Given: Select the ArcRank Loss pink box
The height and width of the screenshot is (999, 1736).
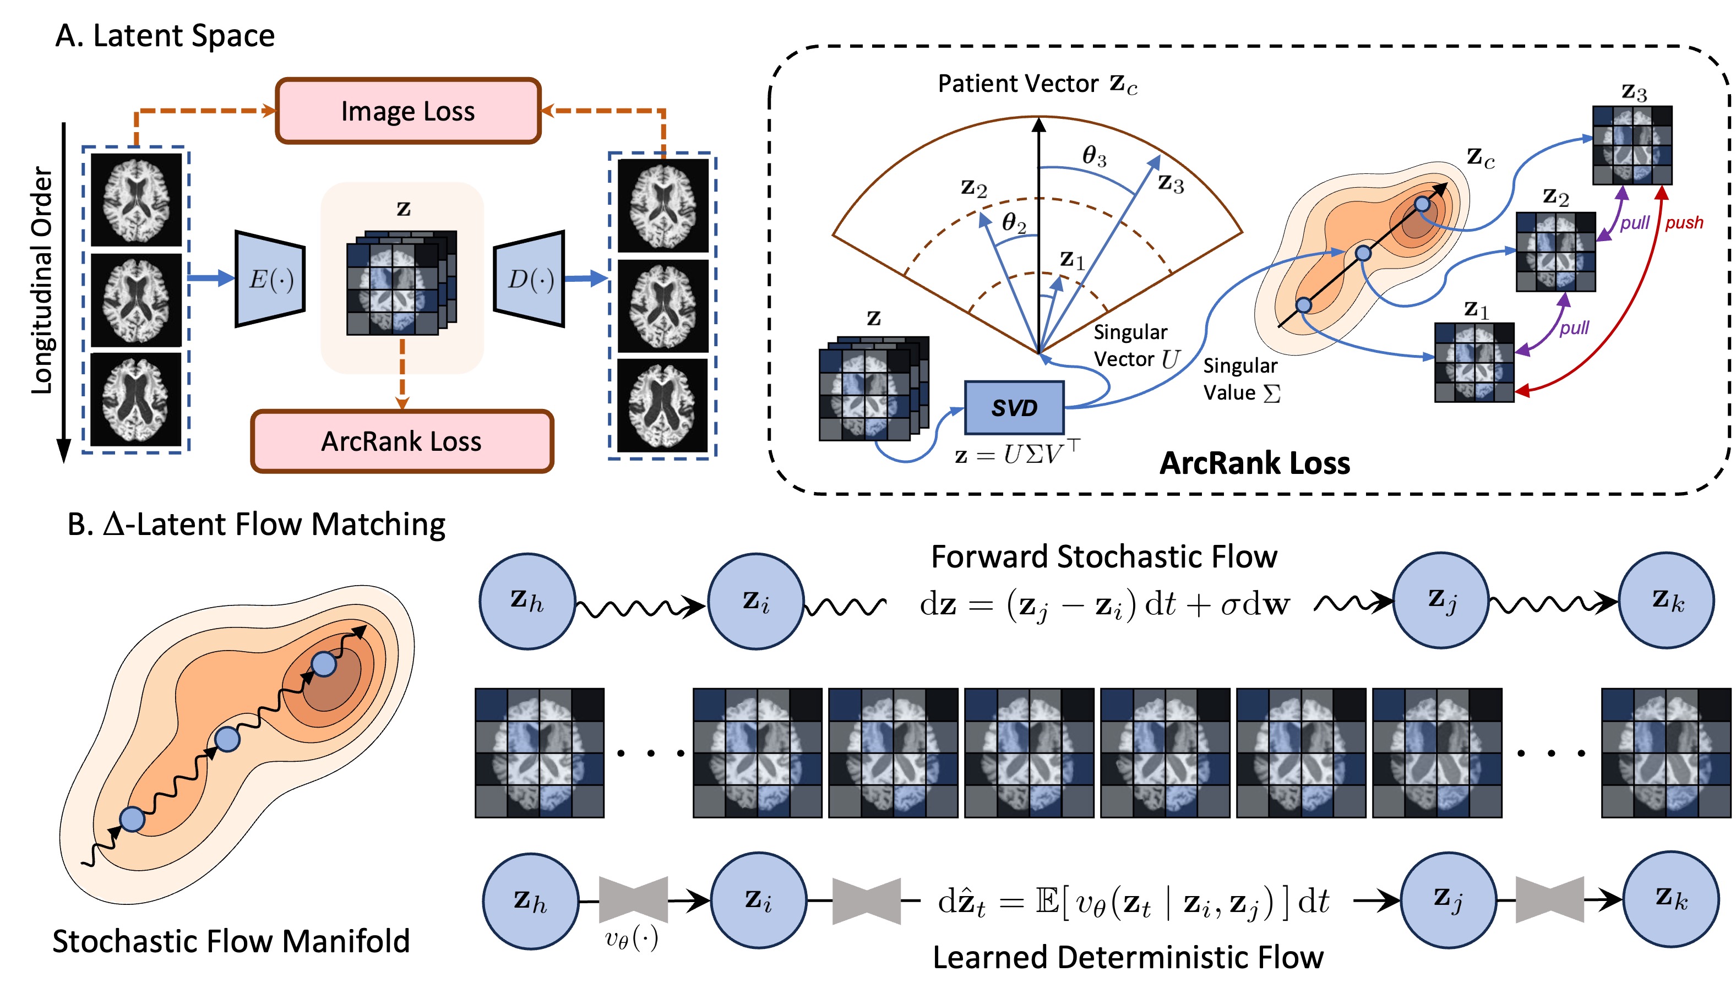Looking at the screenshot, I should point(401,441).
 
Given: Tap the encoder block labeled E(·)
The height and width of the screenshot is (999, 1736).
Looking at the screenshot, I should point(270,279).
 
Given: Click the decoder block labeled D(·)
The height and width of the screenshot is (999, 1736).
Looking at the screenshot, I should point(529,279).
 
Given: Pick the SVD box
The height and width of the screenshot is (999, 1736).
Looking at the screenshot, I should point(1014,407).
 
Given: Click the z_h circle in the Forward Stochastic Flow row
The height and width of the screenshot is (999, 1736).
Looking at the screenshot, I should point(526,601).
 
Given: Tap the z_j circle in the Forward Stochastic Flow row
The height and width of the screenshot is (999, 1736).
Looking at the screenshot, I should point(1440,601).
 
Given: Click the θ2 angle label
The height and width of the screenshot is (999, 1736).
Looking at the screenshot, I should point(1014,223).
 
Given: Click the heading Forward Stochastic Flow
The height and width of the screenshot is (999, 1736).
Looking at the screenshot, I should point(1103,556).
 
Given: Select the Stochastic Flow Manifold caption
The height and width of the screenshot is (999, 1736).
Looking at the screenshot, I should point(231,941).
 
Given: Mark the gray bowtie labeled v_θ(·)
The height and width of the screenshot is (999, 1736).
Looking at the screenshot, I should point(633,899).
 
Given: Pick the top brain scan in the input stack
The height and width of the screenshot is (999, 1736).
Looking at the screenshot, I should point(137,200).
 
